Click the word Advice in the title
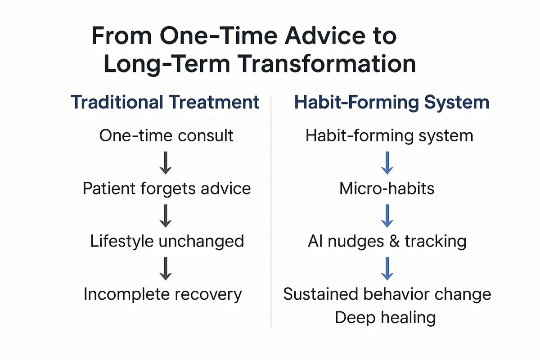tap(325, 36)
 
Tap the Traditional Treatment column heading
tap(165, 102)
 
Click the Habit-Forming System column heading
tap(392, 103)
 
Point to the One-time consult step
tap(166, 135)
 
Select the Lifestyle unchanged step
tap(167, 241)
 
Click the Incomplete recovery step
tap(163, 294)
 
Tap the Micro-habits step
tap(387, 188)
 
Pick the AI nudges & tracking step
tap(387, 241)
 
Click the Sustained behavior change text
tap(387, 294)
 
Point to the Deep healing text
tap(386, 318)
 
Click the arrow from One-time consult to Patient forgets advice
tap(166, 163)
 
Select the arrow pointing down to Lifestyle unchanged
tap(166, 216)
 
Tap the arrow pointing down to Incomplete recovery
tap(166, 269)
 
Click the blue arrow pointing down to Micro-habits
tap(387, 163)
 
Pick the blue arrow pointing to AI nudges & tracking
tap(387, 216)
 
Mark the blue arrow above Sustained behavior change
tap(387, 269)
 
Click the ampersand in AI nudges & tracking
tap(394, 241)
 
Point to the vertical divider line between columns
tap(271, 212)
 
